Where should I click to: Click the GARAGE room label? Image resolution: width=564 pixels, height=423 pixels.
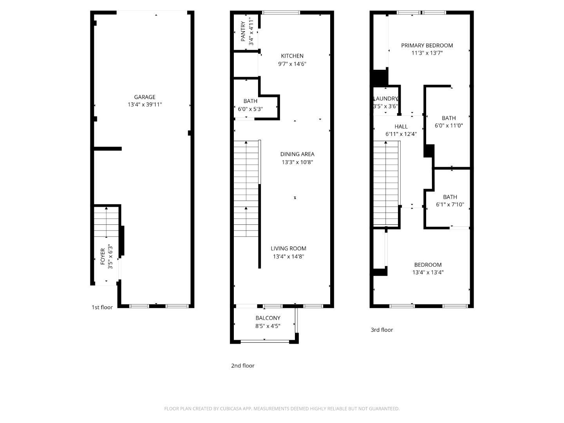pyautogui.click(x=145, y=97)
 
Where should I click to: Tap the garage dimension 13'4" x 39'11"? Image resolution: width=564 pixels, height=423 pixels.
pyautogui.click(x=145, y=105)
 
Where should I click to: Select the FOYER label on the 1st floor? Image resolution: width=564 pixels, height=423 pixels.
pyautogui.click(x=103, y=256)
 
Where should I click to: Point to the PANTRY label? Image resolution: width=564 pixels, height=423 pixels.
pyautogui.click(x=243, y=31)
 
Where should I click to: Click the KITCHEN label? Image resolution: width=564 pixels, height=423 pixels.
pyautogui.click(x=292, y=56)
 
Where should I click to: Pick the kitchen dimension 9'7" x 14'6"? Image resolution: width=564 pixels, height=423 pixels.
pyautogui.click(x=292, y=64)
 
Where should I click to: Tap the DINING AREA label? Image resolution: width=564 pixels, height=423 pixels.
pyautogui.click(x=297, y=154)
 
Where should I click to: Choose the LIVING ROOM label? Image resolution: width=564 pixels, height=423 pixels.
pyautogui.click(x=289, y=248)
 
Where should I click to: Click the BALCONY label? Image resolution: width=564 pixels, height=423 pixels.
pyautogui.click(x=268, y=318)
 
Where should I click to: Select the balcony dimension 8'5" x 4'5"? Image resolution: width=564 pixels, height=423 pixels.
pyautogui.click(x=268, y=326)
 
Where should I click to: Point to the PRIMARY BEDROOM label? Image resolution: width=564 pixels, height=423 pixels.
pyautogui.click(x=427, y=45)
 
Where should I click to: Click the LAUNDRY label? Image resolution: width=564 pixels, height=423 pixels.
pyautogui.click(x=385, y=99)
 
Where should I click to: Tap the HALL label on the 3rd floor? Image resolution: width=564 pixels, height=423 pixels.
pyautogui.click(x=401, y=127)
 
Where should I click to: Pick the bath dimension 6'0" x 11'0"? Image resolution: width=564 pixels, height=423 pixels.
pyautogui.click(x=449, y=126)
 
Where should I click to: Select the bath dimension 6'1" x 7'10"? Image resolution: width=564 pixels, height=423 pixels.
pyautogui.click(x=450, y=204)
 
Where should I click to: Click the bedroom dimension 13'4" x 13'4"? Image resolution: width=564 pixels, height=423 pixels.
pyautogui.click(x=428, y=272)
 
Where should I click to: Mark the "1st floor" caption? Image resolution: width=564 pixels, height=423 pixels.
pyautogui.click(x=102, y=307)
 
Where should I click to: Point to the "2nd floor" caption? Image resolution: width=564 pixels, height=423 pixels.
pyautogui.click(x=243, y=365)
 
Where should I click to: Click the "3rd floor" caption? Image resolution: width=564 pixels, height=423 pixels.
pyautogui.click(x=382, y=330)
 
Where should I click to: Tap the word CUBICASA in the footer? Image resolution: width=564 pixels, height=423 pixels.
pyautogui.click(x=230, y=409)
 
